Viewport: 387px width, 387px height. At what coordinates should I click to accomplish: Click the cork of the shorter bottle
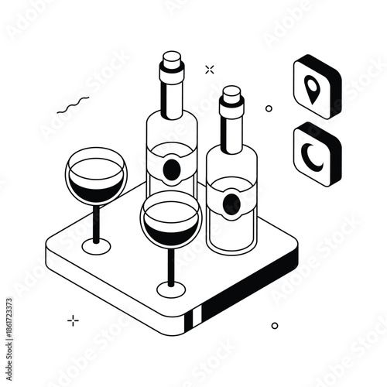pos(231,96)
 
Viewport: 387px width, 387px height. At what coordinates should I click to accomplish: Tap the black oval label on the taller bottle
pos(172,169)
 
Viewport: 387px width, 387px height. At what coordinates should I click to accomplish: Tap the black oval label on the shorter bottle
pos(231,204)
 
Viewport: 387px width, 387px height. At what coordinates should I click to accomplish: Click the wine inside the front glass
pos(171,231)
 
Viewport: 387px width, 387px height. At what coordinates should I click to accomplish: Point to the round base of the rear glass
pos(96,246)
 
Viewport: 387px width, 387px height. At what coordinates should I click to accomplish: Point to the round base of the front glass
pos(171,289)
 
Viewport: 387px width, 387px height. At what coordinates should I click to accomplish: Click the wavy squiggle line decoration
pos(74,105)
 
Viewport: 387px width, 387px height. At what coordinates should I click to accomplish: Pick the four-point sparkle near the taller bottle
pos(209,70)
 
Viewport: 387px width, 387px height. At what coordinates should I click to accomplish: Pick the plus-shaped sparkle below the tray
pos(74,319)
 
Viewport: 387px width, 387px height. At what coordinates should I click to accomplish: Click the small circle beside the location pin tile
pos(269,108)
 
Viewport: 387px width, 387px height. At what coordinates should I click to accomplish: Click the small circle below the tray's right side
pos(274,326)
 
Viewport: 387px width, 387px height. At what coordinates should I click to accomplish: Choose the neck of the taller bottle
pos(171,97)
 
